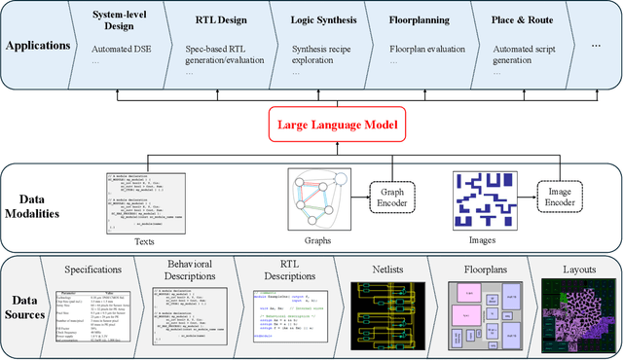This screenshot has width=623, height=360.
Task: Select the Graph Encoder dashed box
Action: [x=393, y=198]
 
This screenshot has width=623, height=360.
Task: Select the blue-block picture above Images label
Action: [x=484, y=199]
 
